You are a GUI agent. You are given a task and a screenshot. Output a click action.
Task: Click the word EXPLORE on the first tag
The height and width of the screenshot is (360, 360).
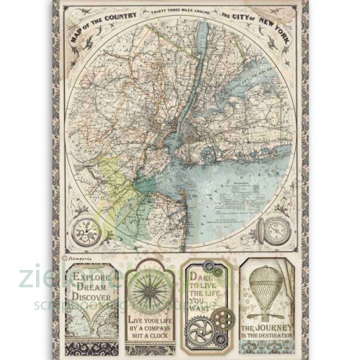pyautogui.click(x=91, y=275)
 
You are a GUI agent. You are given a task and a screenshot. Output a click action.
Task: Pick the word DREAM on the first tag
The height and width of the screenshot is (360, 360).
pyautogui.click(x=91, y=285)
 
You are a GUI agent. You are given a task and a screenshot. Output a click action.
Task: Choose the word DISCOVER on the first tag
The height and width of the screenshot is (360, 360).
pyautogui.click(x=91, y=295)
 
